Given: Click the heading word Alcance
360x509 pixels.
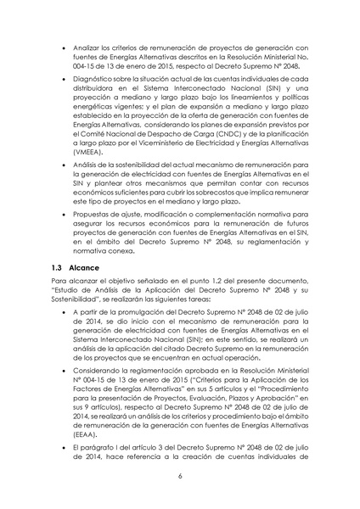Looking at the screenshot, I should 86,268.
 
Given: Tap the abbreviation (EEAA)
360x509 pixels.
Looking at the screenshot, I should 81,431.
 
